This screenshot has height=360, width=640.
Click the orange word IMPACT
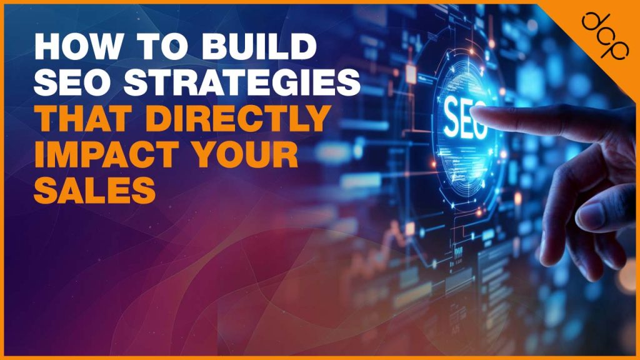tap(94, 155)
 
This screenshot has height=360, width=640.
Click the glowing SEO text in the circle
tap(466, 120)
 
